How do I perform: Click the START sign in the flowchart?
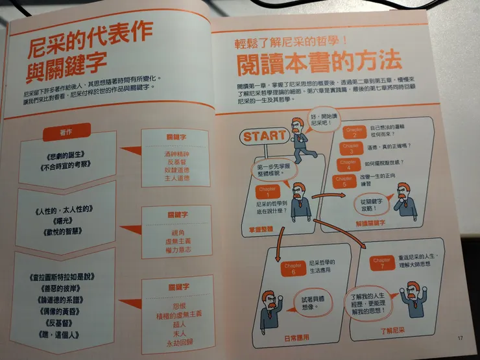click(264, 136)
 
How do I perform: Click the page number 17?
click(460, 337)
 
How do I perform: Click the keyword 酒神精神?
click(172, 154)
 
